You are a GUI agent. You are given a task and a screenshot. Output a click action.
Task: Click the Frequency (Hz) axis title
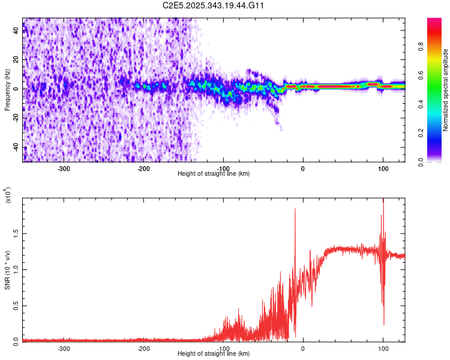7,90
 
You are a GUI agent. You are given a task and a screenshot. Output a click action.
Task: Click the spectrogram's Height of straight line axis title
214,174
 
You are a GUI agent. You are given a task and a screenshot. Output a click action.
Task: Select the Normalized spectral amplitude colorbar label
445,90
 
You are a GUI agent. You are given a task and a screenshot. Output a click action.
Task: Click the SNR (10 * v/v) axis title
7,270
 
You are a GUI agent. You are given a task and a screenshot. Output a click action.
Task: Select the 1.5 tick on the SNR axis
16,233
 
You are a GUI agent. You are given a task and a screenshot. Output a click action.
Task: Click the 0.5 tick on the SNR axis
16,305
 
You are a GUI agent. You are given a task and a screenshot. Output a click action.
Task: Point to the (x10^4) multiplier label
8,196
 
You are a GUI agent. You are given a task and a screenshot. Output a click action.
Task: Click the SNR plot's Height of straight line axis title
214,353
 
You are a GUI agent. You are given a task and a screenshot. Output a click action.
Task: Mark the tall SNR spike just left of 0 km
295,209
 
